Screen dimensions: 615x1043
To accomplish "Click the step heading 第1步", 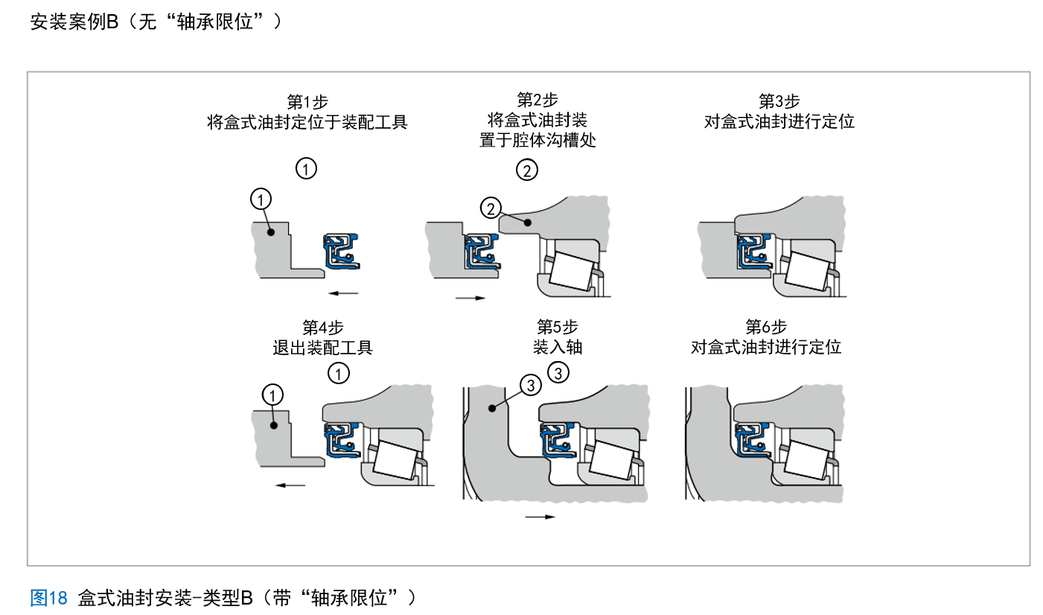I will tap(307, 101).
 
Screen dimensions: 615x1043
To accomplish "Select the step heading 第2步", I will tap(537, 100).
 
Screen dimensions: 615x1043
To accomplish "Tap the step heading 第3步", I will tap(779, 101).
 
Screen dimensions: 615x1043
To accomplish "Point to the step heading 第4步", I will tap(322, 328).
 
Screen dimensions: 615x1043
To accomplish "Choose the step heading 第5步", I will tap(557, 327).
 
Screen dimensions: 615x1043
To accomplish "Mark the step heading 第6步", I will tap(766, 327).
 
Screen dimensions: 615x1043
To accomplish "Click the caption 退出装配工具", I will tap(322, 348).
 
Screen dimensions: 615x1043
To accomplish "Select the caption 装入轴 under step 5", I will tap(557, 347).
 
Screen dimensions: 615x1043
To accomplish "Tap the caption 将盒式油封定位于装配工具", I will tap(307, 122).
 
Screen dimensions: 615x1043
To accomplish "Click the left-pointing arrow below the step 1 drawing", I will tap(343, 293).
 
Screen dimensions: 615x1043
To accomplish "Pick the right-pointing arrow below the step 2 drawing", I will tap(470, 299).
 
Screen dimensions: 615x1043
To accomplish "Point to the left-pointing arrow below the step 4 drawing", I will tap(290, 485).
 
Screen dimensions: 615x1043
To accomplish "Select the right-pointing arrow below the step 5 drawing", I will tap(540, 517).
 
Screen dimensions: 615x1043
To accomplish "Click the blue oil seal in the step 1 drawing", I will tap(341, 252).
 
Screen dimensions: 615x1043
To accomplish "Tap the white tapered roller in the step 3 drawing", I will tap(807, 271).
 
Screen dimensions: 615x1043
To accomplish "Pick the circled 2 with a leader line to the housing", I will tap(490, 208).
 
